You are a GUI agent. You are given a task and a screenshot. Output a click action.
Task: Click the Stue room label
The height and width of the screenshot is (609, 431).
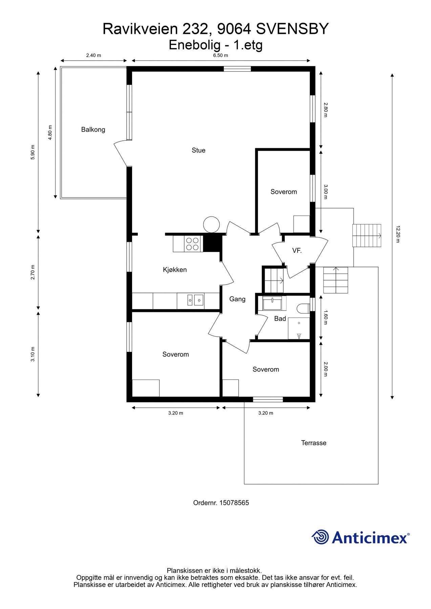198,150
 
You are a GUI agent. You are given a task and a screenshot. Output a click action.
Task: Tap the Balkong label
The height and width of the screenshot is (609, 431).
93,130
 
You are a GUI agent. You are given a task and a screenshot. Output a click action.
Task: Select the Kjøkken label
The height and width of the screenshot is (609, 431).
175,270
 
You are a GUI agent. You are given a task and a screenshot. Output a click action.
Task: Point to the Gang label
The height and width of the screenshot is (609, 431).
237,299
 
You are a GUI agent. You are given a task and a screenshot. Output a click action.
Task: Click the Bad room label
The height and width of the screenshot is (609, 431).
280,318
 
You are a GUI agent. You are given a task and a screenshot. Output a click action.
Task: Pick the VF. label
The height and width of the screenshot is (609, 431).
297,251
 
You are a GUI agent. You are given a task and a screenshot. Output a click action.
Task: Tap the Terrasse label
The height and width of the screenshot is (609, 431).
314,443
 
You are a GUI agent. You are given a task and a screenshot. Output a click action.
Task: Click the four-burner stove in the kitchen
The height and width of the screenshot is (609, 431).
192,244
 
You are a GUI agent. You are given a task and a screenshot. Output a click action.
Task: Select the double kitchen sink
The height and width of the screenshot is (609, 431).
195,299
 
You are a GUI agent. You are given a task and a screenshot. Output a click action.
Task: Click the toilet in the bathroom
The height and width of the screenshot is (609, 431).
303,309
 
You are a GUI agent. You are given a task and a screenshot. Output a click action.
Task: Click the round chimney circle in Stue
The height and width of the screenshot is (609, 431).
212,225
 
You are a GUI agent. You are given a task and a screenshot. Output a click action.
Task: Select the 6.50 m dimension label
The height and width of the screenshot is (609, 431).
220,55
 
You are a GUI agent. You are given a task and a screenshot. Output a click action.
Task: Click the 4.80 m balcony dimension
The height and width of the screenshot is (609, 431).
50,133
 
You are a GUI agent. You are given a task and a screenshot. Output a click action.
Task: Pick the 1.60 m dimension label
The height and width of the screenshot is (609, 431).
326,317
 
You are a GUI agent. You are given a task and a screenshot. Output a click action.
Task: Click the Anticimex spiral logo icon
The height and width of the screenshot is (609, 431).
320,537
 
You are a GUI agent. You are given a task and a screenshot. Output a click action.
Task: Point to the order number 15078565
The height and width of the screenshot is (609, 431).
234,503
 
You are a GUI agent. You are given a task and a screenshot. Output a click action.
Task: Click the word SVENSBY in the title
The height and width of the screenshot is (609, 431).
292,29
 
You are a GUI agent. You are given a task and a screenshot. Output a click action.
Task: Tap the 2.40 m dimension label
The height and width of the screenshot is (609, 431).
94,55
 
